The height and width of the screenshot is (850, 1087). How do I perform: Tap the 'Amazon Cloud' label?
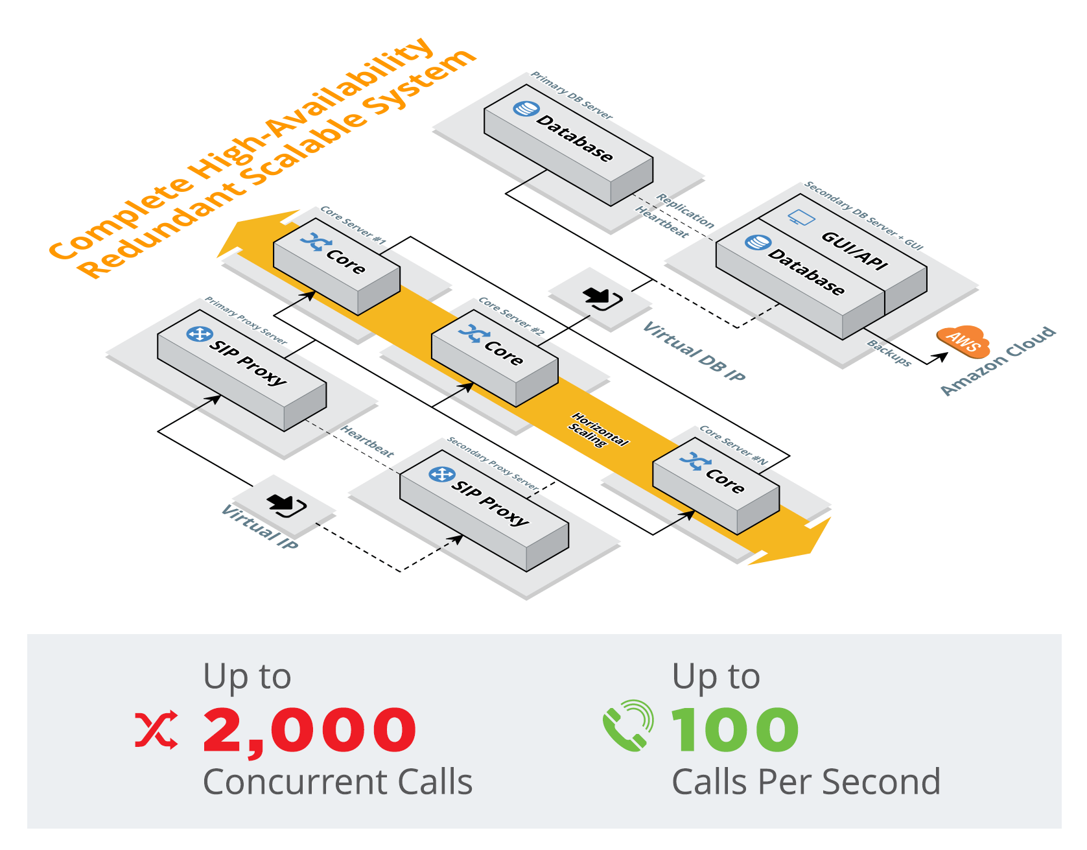998,361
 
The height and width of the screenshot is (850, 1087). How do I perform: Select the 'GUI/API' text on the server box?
854,250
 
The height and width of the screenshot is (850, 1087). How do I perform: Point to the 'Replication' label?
685,211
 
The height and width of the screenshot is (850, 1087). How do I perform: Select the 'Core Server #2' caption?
511,316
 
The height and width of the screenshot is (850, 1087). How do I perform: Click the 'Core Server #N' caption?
733,445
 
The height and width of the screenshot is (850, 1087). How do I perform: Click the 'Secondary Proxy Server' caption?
493,464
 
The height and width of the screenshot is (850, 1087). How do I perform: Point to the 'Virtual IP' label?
259,527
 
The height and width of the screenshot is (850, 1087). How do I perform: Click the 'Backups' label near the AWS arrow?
889,353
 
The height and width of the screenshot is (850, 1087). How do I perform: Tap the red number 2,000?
310,731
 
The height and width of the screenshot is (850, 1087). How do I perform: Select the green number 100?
735,731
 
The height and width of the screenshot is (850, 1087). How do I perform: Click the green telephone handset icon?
627,726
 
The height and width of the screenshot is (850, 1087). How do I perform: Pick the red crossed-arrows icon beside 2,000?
156,730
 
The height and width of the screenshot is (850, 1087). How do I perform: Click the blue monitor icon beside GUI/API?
802,218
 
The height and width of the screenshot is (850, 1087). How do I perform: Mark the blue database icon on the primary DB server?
526,109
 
